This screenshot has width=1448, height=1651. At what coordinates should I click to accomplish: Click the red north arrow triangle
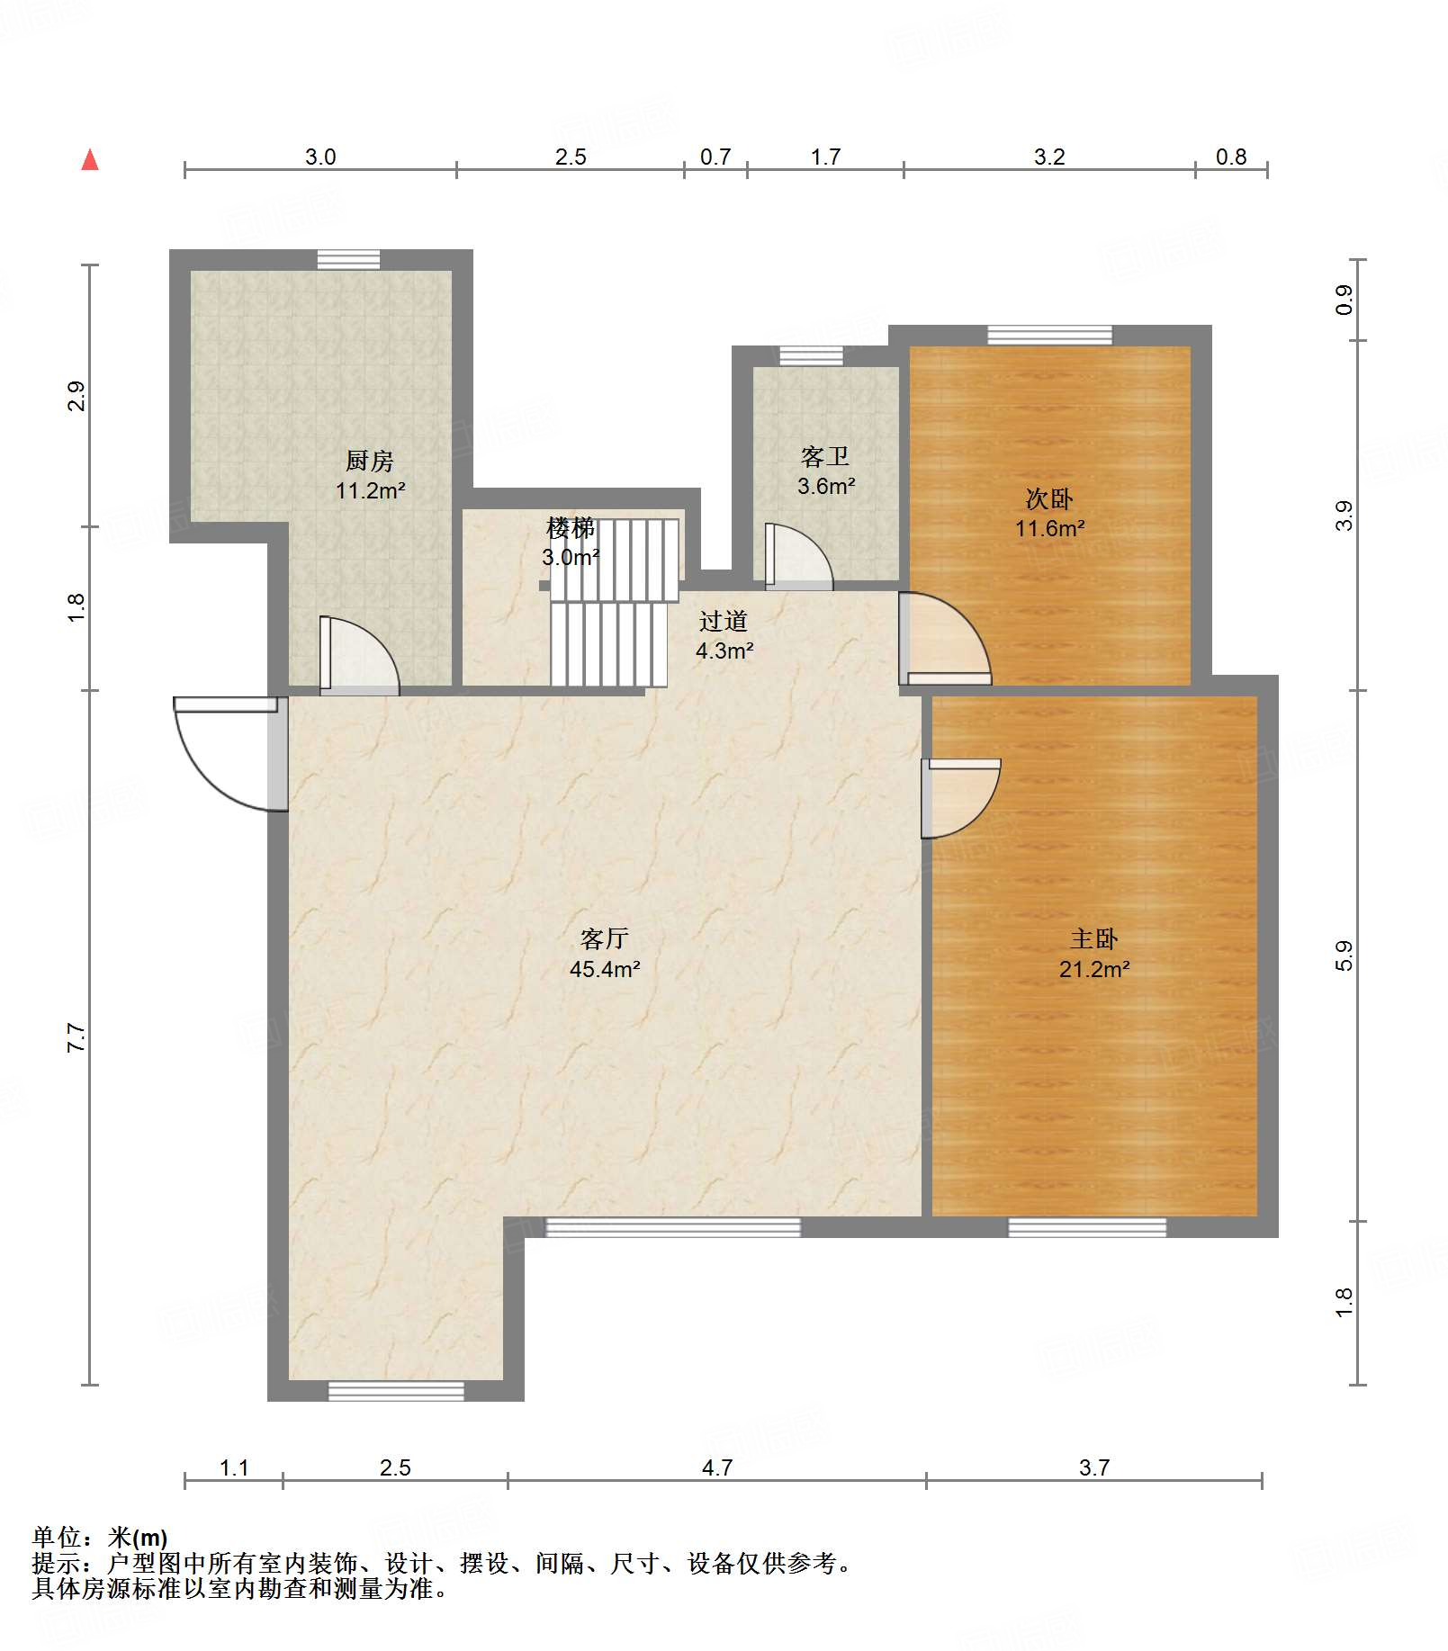point(90,160)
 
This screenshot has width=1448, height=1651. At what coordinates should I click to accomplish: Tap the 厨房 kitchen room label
point(370,461)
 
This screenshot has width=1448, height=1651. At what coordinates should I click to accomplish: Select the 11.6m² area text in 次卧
point(1049,528)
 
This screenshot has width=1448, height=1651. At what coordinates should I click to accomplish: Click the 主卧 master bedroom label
point(1093,938)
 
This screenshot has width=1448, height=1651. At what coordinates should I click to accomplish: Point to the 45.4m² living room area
point(605,969)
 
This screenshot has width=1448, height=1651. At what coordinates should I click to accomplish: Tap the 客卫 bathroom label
point(824,456)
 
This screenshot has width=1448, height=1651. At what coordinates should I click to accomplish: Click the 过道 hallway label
point(723,621)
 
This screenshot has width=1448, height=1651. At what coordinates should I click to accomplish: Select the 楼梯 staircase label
point(571,527)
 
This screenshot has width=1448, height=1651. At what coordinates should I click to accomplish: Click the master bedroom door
point(960,798)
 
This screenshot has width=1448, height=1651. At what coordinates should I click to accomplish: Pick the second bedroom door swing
point(945,639)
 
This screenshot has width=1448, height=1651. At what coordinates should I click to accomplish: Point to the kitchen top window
point(348,260)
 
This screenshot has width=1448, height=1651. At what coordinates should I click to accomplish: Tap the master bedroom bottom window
point(1087,1226)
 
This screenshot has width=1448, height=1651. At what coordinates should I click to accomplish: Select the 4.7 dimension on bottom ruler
point(717,1467)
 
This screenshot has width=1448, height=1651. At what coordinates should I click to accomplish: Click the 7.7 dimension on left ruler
point(76,1037)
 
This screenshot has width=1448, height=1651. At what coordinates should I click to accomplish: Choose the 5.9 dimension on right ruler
point(1344,956)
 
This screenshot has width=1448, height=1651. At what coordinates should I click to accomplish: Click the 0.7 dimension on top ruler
point(715,157)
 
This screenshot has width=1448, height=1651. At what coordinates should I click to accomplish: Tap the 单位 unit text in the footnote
point(56,1538)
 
